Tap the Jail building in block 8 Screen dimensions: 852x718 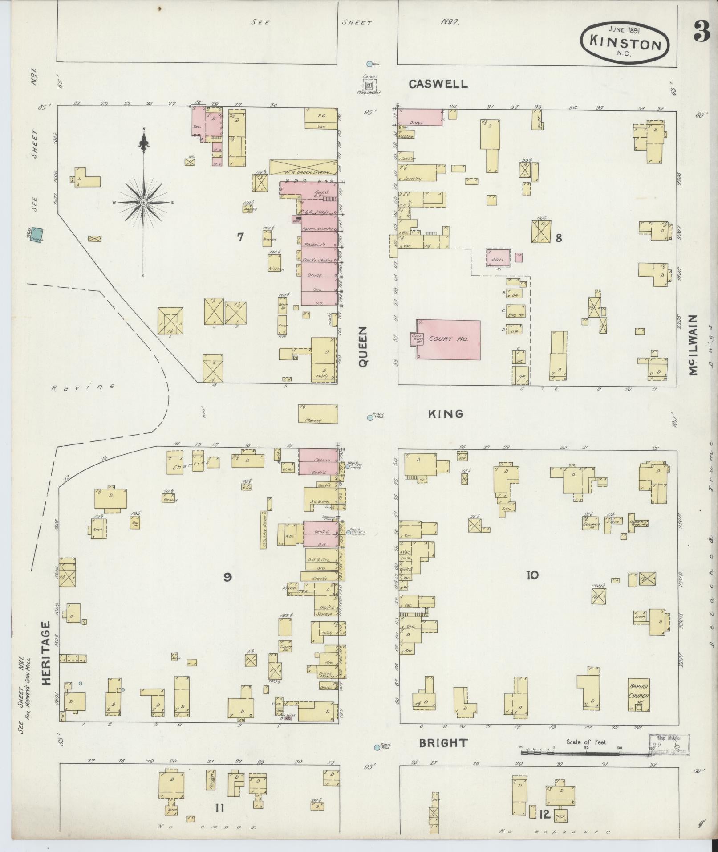[x=497, y=258]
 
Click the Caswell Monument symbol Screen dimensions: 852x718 [x=369, y=84]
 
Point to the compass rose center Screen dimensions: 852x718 [x=143, y=203]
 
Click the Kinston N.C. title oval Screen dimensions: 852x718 [x=625, y=44]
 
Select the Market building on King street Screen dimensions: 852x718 [x=318, y=414]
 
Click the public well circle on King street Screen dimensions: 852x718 [x=369, y=418]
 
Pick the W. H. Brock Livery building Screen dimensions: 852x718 [x=304, y=167]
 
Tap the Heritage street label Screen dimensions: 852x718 [x=48, y=660]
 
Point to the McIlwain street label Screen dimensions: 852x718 [x=693, y=345]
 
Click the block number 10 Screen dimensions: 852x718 [x=532, y=575]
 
